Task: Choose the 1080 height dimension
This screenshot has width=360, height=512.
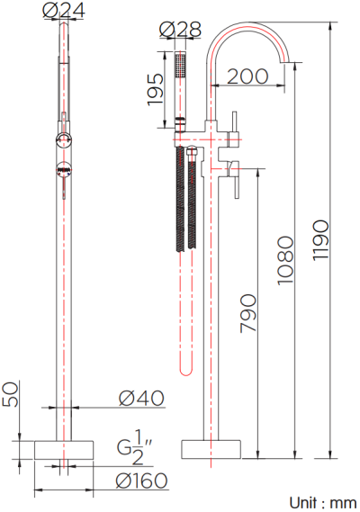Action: point(285,260)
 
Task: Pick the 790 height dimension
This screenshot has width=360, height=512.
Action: point(249,314)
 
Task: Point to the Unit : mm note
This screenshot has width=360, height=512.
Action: point(322,502)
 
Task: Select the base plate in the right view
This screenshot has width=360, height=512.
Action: point(212,449)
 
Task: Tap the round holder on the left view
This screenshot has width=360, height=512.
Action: point(64,139)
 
